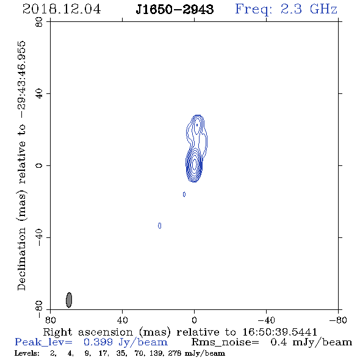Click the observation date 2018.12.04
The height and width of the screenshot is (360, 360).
click(x=62, y=9)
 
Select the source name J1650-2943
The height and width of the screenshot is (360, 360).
click(x=175, y=9)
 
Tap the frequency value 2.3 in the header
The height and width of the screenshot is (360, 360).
click(x=291, y=9)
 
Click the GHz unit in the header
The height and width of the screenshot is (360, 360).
click(x=323, y=9)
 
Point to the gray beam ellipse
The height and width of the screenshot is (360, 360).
click(x=69, y=300)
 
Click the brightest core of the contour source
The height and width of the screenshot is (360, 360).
click(x=195, y=164)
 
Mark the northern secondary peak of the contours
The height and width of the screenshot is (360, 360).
click(x=196, y=125)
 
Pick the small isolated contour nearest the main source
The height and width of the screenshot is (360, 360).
click(x=184, y=194)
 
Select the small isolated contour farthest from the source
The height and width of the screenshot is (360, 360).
click(x=160, y=226)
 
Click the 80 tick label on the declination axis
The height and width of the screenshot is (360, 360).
click(x=39, y=22)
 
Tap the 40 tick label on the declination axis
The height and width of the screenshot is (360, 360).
click(x=39, y=94)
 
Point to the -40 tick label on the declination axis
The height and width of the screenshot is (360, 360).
click(x=39, y=237)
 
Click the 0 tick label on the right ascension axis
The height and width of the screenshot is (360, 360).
click(x=194, y=320)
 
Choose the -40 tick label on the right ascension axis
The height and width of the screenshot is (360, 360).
click(x=266, y=320)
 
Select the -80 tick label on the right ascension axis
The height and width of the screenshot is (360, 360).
click(x=338, y=320)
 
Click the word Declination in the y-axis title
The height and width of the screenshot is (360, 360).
click(x=21, y=259)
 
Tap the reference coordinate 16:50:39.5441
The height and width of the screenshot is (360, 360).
click(x=279, y=332)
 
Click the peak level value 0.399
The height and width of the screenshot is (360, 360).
click(x=98, y=342)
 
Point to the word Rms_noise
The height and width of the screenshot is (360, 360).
click(x=225, y=342)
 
